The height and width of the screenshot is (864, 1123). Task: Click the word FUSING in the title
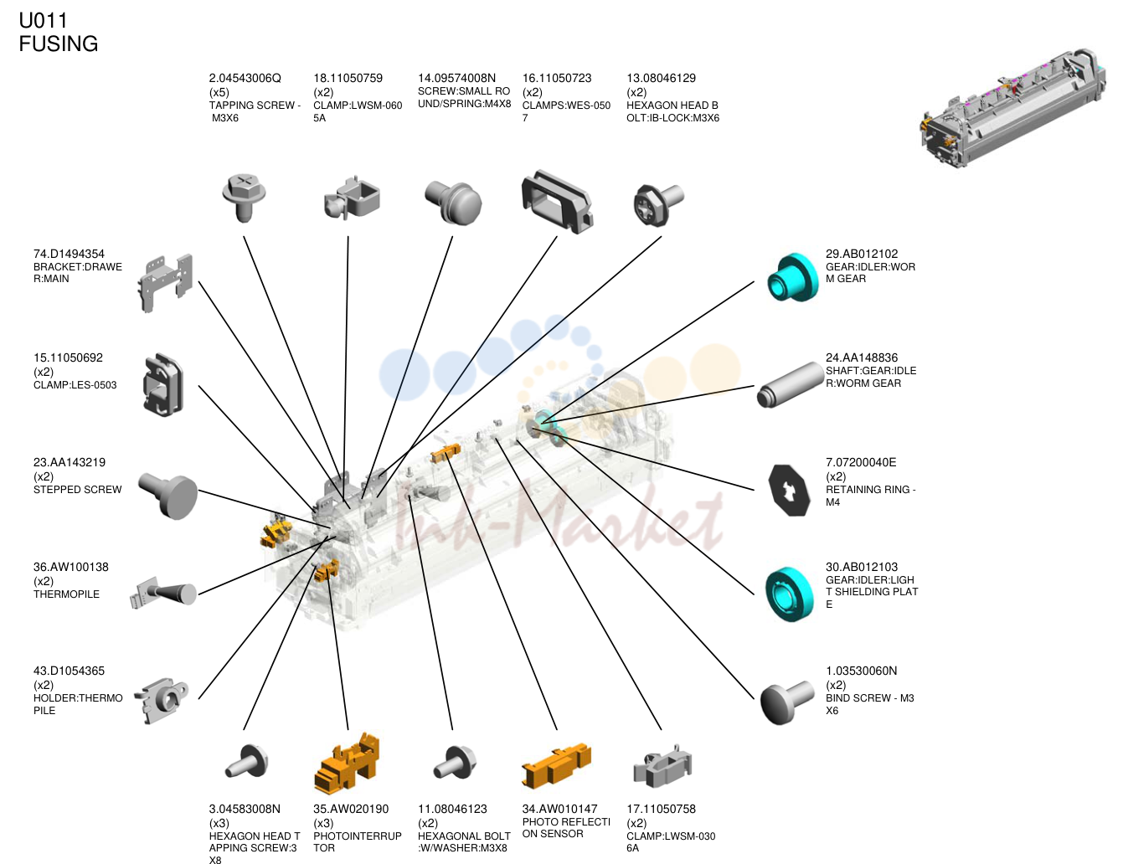click(x=59, y=44)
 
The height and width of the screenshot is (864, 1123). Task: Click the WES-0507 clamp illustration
click(x=557, y=202)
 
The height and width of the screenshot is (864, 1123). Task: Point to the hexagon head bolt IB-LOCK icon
click(x=658, y=205)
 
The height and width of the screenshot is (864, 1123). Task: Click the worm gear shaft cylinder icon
click(x=790, y=385)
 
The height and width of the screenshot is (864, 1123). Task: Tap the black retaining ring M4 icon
click(x=789, y=490)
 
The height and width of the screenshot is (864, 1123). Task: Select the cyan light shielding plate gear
click(x=790, y=594)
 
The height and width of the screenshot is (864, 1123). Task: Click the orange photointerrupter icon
click(x=347, y=763)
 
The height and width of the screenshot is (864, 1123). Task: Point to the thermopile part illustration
click(x=163, y=593)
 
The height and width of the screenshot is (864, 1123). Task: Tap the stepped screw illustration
click(x=168, y=496)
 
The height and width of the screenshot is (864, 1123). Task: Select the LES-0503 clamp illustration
click(x=162, y=385)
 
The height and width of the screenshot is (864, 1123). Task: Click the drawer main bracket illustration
click(x=165, y=282)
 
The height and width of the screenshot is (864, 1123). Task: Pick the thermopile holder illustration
click(x=162, y=700)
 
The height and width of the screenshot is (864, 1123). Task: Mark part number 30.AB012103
click(x=862, y=567)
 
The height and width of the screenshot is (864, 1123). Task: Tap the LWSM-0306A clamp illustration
click(x=662, y=766)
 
